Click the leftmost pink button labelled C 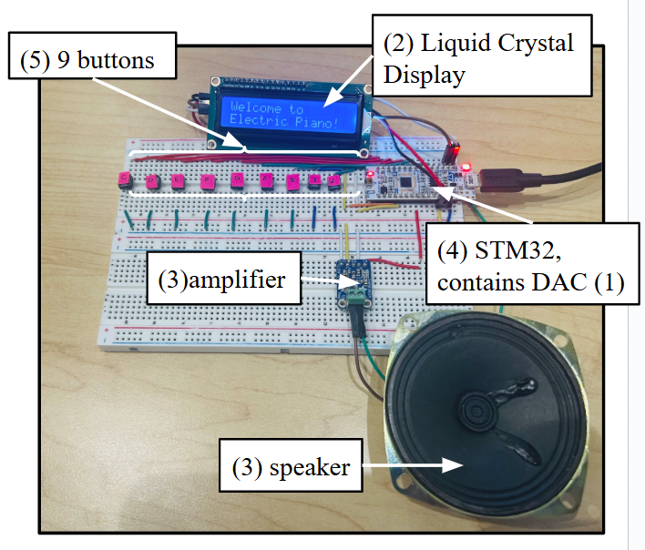[x=125, y=178]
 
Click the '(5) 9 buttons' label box [x=87, y=62]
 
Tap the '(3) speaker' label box [x=291, y=467]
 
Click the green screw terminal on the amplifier [x=352, y=298]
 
